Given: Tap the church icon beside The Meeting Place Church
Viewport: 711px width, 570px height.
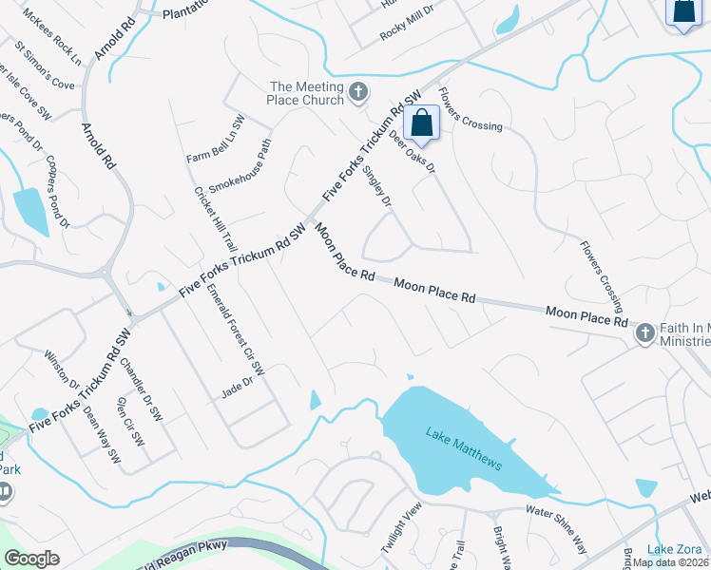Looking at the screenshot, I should (357, 92).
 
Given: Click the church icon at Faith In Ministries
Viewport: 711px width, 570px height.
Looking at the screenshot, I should (644, 333).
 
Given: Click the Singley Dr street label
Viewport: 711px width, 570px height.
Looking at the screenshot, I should (377, 180).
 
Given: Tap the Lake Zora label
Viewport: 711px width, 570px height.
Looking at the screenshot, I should (674, 549).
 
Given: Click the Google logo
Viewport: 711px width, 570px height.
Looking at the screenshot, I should (31, 559).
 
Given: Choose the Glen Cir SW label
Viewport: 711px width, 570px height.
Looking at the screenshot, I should (129, 421).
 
